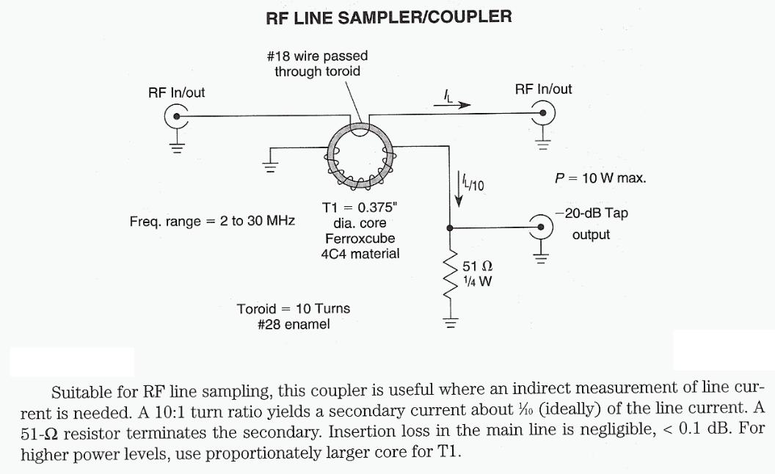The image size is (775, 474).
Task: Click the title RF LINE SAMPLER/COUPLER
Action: pos(389,17)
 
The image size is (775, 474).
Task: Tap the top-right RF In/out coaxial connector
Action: pos(544,113)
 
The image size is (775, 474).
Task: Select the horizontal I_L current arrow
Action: pos(451,105)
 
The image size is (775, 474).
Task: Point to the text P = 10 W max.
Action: pos(600,178)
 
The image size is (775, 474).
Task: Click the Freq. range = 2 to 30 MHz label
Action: pos(211,220)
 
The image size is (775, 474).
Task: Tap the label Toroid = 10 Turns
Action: pos(294,308)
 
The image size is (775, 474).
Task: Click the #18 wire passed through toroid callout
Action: pos(317,64)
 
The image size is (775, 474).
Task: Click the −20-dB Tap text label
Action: pos(592,214)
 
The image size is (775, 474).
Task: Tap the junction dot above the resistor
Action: pos(451,227)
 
